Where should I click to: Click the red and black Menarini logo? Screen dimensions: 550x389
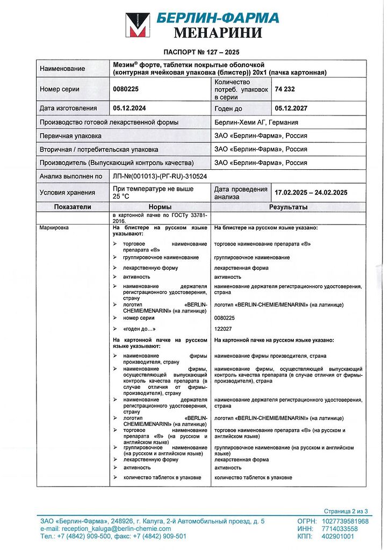click(138, 25)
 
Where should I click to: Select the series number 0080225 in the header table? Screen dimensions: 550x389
click(126, 89)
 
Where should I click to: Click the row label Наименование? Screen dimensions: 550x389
click(62, 68)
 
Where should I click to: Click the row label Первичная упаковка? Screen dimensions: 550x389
click(70, 136)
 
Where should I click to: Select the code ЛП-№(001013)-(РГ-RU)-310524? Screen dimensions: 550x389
click(160, 176)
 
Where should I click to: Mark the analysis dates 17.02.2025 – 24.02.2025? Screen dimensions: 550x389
click(311, 192)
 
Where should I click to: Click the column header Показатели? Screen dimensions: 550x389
click(73, 207)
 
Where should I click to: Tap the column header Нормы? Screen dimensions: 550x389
click(160, 207)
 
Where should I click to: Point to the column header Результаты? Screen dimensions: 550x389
click(289, 207)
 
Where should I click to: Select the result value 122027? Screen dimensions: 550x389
click(225, 329)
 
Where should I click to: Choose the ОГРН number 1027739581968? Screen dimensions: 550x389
click(345, 521)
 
